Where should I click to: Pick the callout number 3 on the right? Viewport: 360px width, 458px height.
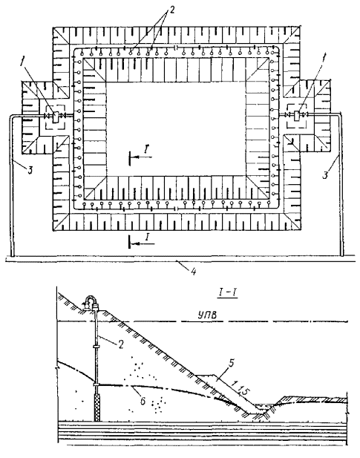tap(325, 174)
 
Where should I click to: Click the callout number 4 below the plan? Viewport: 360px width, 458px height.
tap(193, 272)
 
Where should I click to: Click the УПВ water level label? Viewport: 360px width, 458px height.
tap(208, 315)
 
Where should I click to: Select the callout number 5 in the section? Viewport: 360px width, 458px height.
tap(232, 363)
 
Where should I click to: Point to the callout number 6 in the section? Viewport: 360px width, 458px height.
tap(143, 401)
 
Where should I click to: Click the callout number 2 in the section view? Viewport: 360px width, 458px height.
tap(120, 344)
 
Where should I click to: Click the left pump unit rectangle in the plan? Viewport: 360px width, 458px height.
tap(56, 117)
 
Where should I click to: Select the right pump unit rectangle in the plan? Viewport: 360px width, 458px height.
tap(297, 116)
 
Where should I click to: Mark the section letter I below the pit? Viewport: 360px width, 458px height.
tap(148, 237)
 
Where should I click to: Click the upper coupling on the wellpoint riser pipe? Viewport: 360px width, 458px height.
tap(96, 347)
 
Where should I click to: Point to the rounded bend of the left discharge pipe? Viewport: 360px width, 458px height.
tap(12, 117)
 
